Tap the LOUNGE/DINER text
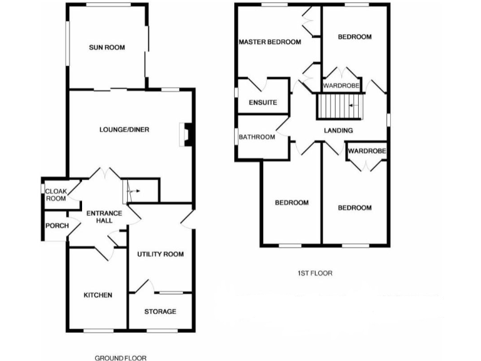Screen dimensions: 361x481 pyautogui.click(x=124, y=130)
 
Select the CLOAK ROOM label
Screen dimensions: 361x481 pyautogui.click(x=56, y=194)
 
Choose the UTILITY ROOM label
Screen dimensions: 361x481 pyautogui.click(x=160, y=254)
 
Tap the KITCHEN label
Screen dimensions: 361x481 pyautogui.click(x=98, y=295)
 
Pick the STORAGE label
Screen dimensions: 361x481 pyautogui.click(x=160, y=311)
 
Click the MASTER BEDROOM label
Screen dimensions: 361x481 pyautogui.click(x=270, y=42)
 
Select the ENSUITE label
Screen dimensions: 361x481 pyautogui.click(x=263, y=103)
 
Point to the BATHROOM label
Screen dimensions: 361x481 pyautogui.click(x=257, y=137)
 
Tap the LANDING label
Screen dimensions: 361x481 pyautogui.click(x=338, y=130)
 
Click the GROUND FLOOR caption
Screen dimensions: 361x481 pyautogui.click(x=121, y=358)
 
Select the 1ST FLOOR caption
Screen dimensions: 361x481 pyautogui.click(x=314, y=273)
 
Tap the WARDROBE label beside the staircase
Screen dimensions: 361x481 pyautogui.click(x=341, y=85)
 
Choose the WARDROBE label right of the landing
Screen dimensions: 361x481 pyautogui.click(x=367, y=151)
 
